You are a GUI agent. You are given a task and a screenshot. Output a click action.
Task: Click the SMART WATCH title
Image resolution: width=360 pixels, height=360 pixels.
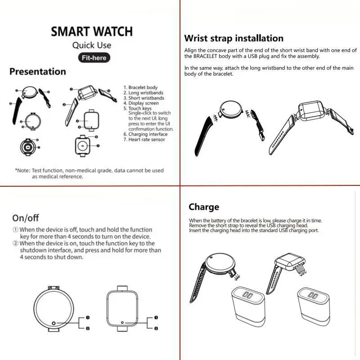(92, 31)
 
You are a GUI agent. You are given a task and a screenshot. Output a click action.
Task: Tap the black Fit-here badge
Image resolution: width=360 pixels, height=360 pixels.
(94, 58)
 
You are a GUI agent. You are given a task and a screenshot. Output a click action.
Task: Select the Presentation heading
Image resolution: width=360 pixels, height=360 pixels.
(38, 72)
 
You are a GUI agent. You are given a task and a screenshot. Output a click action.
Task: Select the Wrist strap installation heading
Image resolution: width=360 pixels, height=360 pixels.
(234, 38)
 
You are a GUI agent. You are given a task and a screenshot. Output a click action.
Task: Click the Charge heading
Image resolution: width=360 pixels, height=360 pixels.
(204, 207)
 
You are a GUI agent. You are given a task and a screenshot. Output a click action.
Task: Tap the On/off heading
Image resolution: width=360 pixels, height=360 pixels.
(26, 218)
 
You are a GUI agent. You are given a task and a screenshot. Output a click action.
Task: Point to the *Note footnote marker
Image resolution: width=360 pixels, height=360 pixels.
(22, 171)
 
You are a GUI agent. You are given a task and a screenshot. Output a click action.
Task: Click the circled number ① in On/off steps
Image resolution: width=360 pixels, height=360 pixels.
(15, 229)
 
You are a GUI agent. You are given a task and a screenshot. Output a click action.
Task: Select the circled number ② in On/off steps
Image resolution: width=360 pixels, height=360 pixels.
(15, 243)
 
